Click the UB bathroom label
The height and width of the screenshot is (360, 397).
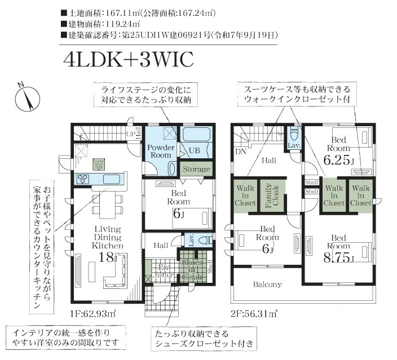point(194,150)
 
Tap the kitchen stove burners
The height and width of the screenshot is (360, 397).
point(83,179)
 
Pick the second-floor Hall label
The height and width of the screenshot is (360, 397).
point(268,161)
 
